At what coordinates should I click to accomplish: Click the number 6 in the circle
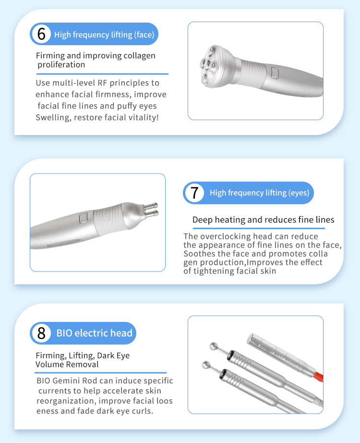[x=41, y=34]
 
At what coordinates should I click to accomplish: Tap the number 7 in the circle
[x=194, y=193]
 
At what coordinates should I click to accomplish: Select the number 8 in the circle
[x=41, y=333]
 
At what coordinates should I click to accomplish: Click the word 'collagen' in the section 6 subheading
[x=140, y=56]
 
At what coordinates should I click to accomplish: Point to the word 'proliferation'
[x=61, y=65]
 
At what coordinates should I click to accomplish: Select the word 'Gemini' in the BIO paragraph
[x=66, y=381]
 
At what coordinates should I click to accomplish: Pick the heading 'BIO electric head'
[x=94, y=333]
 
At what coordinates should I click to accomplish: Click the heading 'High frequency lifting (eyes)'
[x=260, y=193]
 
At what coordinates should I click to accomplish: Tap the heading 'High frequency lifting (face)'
[x=104, y=35]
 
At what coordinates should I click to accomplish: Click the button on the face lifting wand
[x=275, y=73]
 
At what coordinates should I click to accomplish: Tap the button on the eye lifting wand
[x=83, y=218]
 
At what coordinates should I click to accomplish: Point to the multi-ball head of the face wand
[x=215, y=66]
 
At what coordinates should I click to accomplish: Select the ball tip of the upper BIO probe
[x=213, y=346]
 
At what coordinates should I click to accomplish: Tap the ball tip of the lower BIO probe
[x=206, y=365]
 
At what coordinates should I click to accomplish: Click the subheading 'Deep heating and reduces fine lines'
[x=263, y=220]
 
